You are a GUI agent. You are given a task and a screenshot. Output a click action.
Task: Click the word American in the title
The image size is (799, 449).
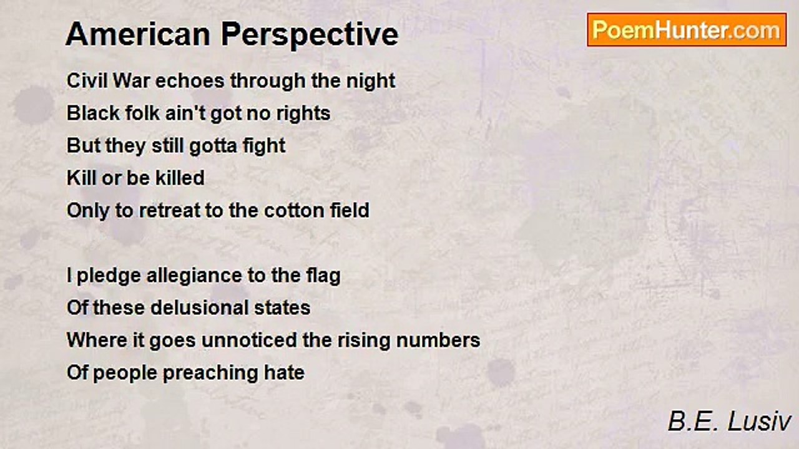click(x=137, y=34)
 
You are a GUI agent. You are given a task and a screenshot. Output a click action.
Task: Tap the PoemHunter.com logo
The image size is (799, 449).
click(x=687, y=30)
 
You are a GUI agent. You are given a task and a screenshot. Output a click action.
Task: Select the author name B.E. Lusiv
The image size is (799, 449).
click(x=729, y=422)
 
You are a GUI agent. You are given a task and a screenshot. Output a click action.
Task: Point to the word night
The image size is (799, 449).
click(x=371, y=81)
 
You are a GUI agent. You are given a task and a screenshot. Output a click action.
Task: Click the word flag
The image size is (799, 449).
click(x=323, y=276)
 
